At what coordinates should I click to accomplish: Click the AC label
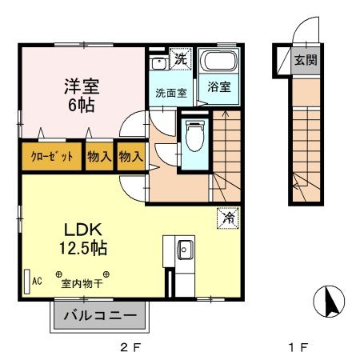36,281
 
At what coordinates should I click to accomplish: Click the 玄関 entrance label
304,61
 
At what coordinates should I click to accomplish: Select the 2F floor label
128,347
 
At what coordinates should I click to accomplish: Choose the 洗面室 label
170,93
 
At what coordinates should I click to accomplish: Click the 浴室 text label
219,86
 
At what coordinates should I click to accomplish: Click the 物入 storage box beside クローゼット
99,157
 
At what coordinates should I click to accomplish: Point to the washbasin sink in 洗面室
158,62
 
